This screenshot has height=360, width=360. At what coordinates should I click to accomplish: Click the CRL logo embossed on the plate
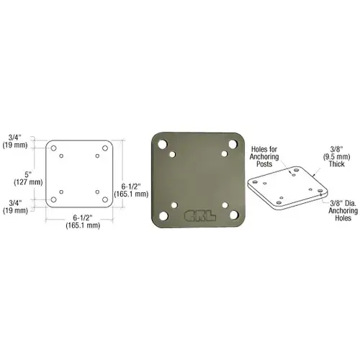200,215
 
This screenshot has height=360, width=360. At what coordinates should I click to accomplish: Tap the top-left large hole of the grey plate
163,144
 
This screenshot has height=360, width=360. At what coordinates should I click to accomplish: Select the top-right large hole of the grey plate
233,144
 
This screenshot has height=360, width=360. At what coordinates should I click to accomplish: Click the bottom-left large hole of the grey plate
163,216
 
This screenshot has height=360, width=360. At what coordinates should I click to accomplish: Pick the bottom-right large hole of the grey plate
234,215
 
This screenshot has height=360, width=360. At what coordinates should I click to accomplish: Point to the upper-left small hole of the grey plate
172,154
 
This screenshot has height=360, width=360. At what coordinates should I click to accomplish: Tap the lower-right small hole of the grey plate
225,205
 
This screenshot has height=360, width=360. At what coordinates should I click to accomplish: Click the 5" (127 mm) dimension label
28,179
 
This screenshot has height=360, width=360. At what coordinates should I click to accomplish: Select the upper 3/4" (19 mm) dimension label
15,141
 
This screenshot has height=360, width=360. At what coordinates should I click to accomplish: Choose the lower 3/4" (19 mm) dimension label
15,207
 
